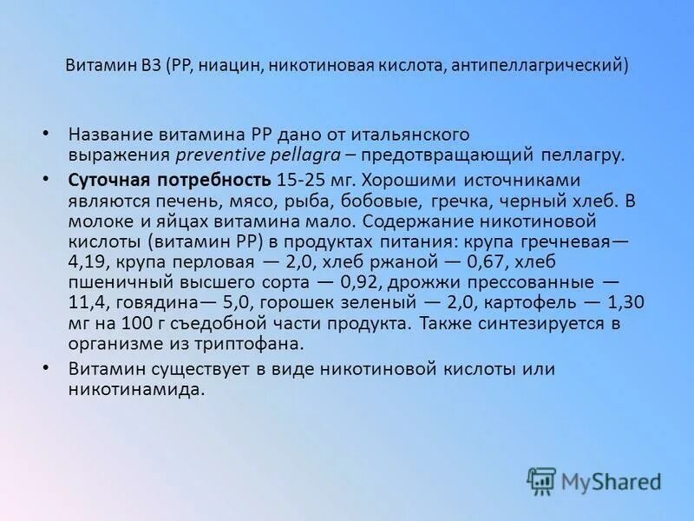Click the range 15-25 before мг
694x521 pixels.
(x=299, y=180)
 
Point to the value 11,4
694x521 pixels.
(x=88, y=303)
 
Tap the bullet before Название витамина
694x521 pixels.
(x=46, y=135)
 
